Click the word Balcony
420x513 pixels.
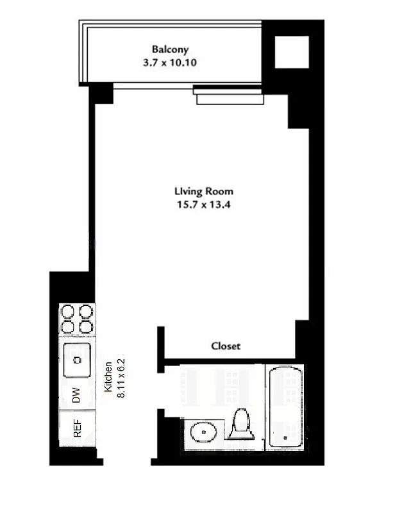(x=170, y=49)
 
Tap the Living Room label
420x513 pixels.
(x=203, y=191)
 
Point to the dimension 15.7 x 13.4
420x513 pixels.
(x=203, y=205)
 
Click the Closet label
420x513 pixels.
(x=226, y=346)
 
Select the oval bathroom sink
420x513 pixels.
(x=204, y=433)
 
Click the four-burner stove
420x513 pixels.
(x=77, y=319)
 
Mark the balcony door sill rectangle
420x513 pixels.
(x=229, y=99)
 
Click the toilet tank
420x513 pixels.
(x=241, y=442)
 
